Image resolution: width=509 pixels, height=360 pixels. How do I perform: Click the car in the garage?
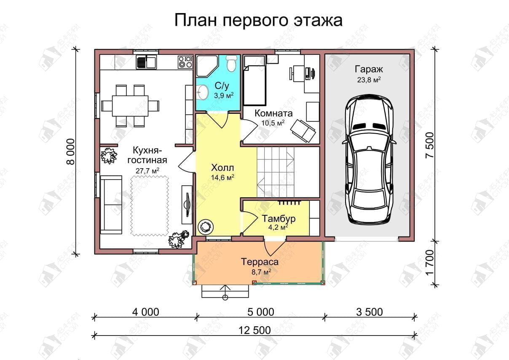369,159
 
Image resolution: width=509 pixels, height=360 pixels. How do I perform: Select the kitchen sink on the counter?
146,62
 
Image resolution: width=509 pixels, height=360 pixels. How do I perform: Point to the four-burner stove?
185,62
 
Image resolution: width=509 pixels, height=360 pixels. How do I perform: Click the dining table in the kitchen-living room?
130,106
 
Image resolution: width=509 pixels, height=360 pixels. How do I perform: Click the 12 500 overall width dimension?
255,330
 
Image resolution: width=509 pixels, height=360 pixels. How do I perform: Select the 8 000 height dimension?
71,152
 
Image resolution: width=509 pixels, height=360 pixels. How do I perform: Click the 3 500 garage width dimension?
370,312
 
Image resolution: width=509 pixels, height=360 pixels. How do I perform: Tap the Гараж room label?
369,69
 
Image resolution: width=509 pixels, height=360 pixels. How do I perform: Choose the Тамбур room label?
279,218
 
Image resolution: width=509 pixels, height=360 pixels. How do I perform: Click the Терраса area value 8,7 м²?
261,272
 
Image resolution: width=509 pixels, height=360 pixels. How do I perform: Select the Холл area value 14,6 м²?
222,177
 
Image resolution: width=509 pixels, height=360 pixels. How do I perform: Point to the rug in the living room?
150,206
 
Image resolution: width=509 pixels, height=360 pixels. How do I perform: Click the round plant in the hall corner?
206,227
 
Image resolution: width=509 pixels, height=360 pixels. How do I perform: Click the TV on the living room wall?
188,204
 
